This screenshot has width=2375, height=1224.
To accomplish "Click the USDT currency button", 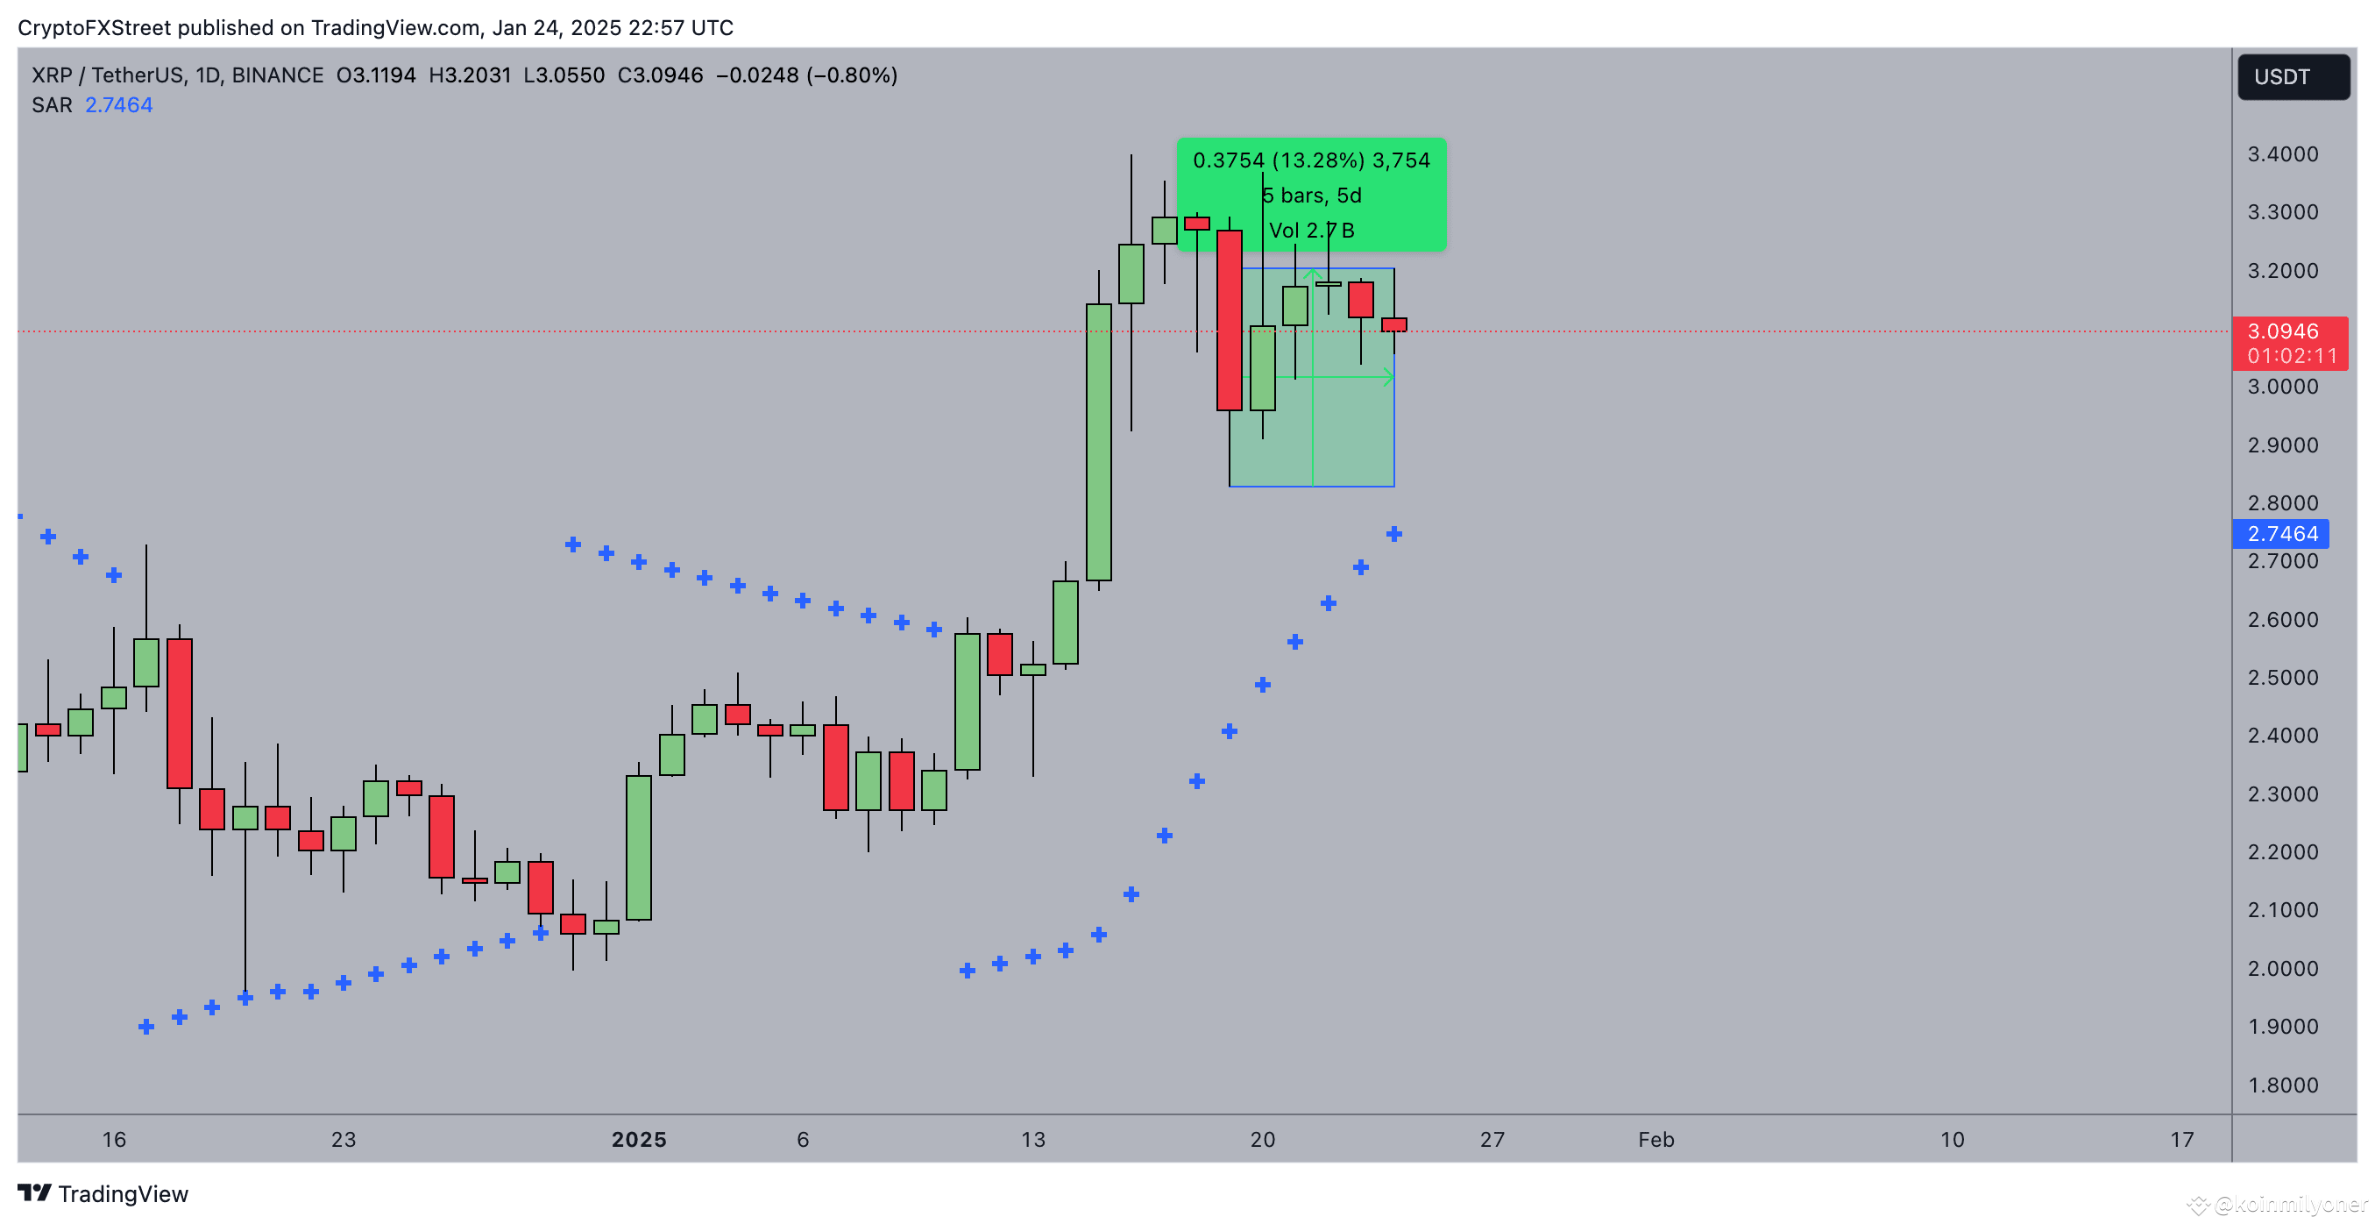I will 2292,76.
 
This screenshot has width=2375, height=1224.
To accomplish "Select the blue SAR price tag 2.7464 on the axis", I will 2281,534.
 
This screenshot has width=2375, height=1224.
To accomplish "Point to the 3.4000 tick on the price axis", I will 2282,154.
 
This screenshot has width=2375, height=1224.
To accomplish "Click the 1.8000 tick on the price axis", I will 2282,1085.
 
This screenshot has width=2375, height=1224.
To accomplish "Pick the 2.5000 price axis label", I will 2282,677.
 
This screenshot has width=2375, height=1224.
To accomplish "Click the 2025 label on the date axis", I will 639,1139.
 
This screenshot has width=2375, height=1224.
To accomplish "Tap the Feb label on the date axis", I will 1655,1139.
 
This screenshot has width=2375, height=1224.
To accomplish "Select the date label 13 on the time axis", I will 1032,1139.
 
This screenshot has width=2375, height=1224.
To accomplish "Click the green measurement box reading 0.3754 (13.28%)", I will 1311,161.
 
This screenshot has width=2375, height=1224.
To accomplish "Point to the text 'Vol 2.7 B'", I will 1311,231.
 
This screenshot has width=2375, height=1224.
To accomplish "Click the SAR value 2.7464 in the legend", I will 119,105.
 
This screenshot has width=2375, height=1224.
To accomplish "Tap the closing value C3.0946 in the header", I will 660,75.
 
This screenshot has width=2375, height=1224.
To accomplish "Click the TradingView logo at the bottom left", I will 103,1193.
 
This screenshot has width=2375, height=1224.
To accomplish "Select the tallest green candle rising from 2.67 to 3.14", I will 1098,443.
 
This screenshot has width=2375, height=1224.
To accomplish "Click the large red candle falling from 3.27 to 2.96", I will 1229,320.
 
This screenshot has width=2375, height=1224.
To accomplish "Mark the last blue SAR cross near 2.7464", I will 1394,534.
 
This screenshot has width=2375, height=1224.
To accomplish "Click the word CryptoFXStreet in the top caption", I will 94,28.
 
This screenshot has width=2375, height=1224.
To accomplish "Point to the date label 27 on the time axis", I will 1492,1139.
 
